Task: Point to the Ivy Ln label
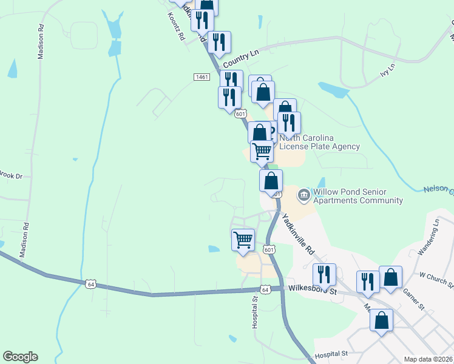coord(387,69)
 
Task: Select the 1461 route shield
coord(202,77)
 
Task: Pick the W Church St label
coord(436,278)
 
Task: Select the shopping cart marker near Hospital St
coord(243,240)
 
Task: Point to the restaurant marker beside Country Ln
coord(219,42)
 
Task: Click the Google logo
coord(20,357)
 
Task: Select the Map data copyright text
coord(429,359)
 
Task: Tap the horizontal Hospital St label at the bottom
coord(330,353)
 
